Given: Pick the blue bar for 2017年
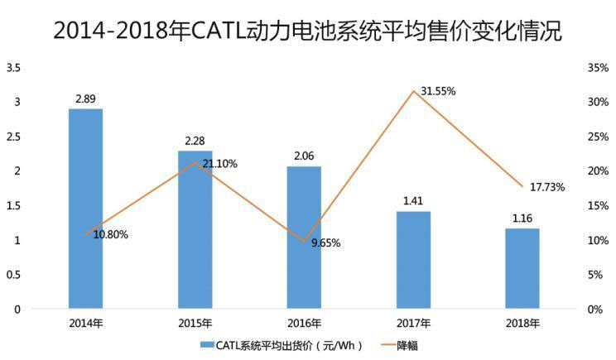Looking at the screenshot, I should point(413,260).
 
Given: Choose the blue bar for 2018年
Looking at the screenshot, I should point(522,268).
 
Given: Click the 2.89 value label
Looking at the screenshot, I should point(85,98).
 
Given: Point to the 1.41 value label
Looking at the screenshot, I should point(413,201).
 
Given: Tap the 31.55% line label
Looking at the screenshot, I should point(439,90).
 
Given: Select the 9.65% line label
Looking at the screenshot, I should point(325,243).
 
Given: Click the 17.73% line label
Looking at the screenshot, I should point(547,187).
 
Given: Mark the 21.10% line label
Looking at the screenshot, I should point(219,164).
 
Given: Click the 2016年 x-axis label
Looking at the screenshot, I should point(304,323).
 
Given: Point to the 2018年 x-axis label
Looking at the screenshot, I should point(522,323).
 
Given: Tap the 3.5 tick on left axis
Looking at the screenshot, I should point(12,67).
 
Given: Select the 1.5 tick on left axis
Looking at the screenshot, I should point(12,206).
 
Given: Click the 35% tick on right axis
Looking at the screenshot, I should point(599,67).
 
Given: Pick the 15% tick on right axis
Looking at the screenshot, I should point(599,206).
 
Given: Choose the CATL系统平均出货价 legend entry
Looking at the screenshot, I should point(282,345).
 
